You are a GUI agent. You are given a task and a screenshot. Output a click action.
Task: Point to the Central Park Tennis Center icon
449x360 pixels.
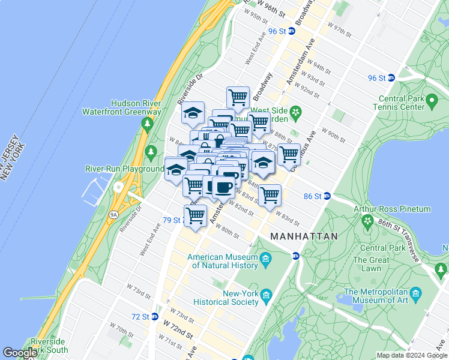coord(431,103)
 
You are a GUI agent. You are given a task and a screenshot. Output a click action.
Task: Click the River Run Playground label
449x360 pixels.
coord(124,169)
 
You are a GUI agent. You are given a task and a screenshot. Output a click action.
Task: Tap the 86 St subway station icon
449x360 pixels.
coord(327,196)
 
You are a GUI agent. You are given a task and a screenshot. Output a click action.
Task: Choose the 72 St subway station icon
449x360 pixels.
coord(155,316)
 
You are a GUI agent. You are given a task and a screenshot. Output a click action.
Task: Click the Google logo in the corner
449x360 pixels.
coord(20,352)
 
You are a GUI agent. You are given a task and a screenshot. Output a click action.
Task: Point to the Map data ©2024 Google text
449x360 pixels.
coord(411,355)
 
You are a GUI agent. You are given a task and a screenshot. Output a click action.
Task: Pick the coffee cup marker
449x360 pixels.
coord(224,187)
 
